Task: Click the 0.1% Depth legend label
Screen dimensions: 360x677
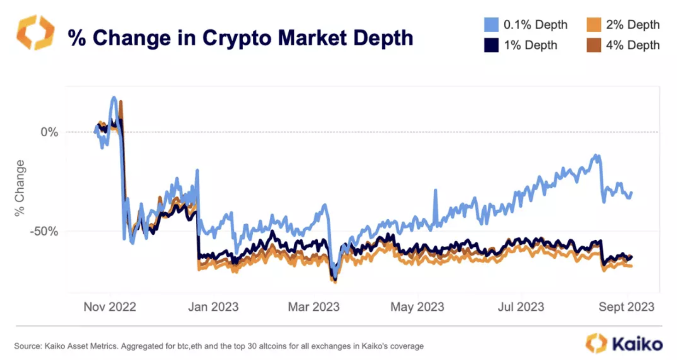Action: click(x=535, y=24)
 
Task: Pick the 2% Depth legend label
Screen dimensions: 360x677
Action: click(x=633, y=24)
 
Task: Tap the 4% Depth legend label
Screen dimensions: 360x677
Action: click(x=633, y=45)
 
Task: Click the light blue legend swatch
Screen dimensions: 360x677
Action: click(x=491, y=24)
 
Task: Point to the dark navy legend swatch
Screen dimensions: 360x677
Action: click(x=491, y=46)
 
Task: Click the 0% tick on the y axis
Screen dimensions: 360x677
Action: click(x=49, y=132)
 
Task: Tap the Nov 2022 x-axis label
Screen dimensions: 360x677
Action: click(x=110, y=307)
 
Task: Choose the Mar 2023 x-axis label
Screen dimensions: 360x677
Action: click(x=314, y=307)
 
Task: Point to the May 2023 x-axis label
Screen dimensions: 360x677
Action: click(x=418, y=307)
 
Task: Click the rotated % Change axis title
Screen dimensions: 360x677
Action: click(x=20, y=188)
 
